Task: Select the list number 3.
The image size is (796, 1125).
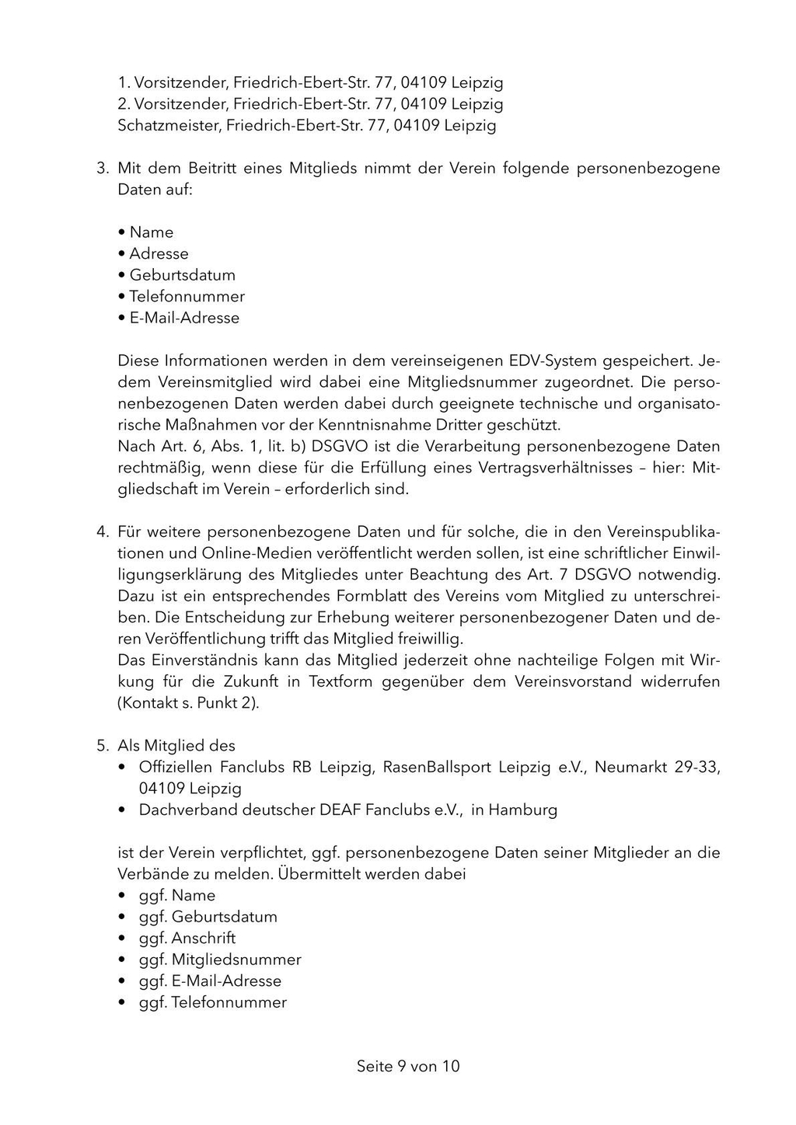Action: coord(102,169)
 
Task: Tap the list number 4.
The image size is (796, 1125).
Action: coord(102,532)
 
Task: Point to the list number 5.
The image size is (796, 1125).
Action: coord(102,746)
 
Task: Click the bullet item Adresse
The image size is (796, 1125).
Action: coord(159,254)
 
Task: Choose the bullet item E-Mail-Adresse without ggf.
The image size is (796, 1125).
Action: coord(184,318)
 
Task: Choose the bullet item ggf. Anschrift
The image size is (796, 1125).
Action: coord(187,939)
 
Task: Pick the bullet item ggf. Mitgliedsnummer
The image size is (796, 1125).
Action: coord(220,960)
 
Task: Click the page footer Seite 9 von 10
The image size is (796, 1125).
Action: coord(408,1067)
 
